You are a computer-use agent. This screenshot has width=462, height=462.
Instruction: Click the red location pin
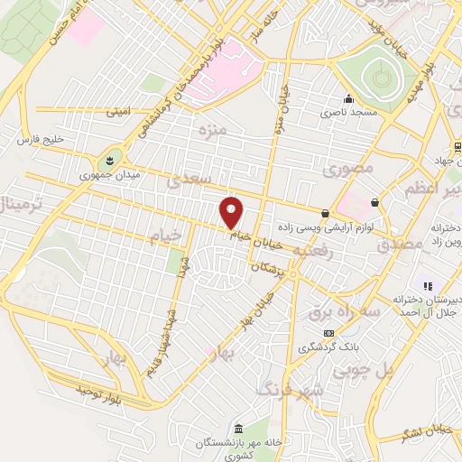click(x=233, y=212)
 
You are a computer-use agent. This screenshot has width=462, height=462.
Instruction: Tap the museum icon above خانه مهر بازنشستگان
click(x=236, y=428)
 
